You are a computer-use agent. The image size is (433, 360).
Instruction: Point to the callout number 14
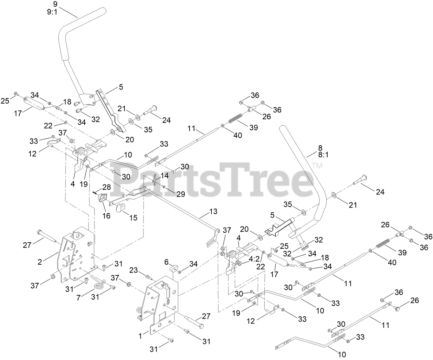[164, 176]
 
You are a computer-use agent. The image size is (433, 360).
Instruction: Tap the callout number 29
[180, 194]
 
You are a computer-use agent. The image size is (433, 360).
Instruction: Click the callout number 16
[106, 216]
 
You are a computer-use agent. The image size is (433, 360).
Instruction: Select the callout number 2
[40, 262]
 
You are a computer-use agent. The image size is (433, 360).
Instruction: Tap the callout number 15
[133, 218]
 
